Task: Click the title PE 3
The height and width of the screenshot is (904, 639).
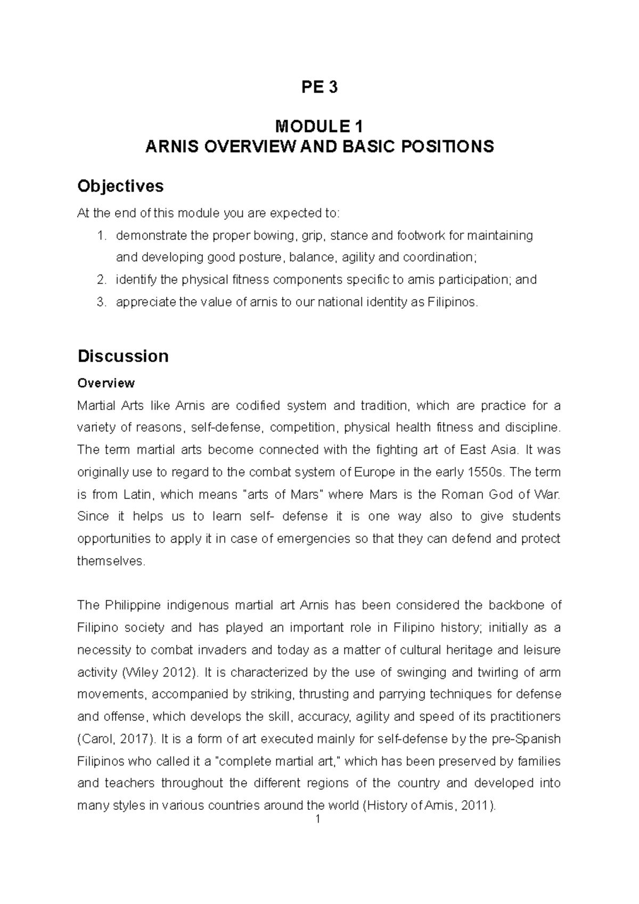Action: click(x=319, y=87)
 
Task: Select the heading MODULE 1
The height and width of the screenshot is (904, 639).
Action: click(x=319, y=127)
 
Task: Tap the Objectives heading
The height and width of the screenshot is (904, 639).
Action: click(x=120, y=186)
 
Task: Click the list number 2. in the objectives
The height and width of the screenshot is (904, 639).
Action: click(x=102, y=280)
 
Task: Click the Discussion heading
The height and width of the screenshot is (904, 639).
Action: click(x=123, y=356)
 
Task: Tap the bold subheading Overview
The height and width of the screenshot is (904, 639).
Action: click(x=106, y=383)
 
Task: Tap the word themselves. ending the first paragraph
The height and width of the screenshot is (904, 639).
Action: click(x=111, y=561)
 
